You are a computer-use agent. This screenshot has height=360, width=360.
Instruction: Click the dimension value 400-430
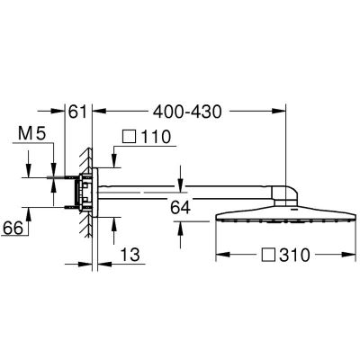[187, 111]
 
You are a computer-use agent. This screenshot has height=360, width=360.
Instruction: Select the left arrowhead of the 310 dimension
[220, 255]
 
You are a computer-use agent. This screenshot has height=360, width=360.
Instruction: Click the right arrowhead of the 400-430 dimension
[282, 111]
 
